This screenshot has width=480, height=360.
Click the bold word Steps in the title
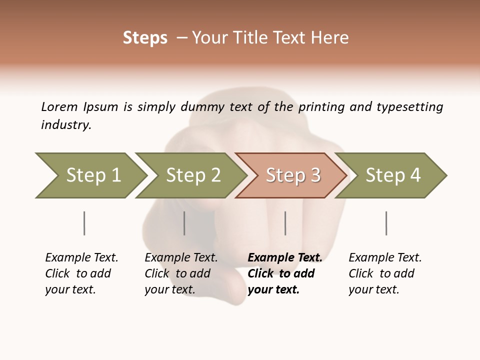tap(145, 38)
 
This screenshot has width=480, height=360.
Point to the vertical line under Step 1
tap(84, 223)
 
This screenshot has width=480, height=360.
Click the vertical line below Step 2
tap(184, 223)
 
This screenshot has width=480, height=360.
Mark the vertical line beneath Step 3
tap(285, 223)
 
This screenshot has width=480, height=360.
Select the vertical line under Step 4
tap(386, 223)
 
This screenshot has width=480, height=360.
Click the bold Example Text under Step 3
tap(285, 273)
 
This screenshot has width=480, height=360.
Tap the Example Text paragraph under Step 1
tap(81, 273)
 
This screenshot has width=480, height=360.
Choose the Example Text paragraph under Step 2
tap(181, 273)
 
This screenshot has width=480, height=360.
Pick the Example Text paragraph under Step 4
tap(385, 273)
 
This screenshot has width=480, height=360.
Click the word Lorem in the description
tap(59, 107)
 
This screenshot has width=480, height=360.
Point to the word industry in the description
tap(66, 125)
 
